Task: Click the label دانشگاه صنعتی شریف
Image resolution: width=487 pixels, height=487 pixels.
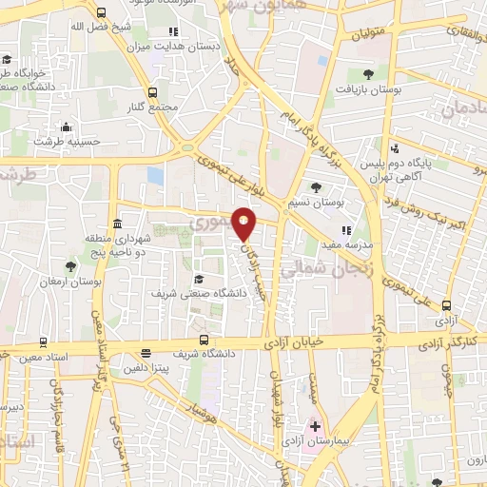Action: click(199, 294)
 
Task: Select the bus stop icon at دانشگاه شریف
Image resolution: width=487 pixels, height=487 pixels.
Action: click(204, 340)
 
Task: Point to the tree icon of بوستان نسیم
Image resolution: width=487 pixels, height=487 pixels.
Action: click(316, 187)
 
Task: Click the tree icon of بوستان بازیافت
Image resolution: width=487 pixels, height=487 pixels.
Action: click(368, 72)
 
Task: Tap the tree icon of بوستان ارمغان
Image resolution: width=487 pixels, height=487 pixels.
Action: click(70, 267)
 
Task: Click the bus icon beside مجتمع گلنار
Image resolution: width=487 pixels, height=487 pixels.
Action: click(153, 92)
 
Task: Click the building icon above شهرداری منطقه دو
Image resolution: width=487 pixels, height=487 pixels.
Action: click(117, 224)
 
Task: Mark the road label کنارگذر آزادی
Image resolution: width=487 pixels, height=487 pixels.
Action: click(451, 340)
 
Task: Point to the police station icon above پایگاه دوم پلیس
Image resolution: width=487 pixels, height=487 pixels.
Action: click(395, 148)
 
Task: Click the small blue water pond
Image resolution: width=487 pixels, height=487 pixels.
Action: click(155, 176)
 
